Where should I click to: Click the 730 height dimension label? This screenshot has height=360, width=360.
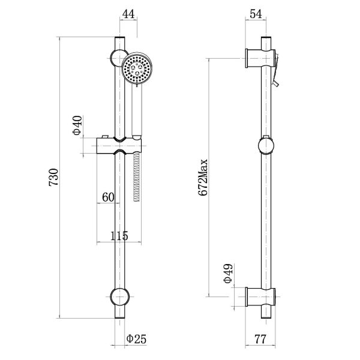53,178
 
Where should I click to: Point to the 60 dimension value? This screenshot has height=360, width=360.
108,197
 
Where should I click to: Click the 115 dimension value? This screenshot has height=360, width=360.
119,236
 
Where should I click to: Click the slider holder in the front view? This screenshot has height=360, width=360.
119,146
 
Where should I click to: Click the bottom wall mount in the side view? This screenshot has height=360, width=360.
260,297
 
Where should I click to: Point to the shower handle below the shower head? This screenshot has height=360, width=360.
137,111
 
